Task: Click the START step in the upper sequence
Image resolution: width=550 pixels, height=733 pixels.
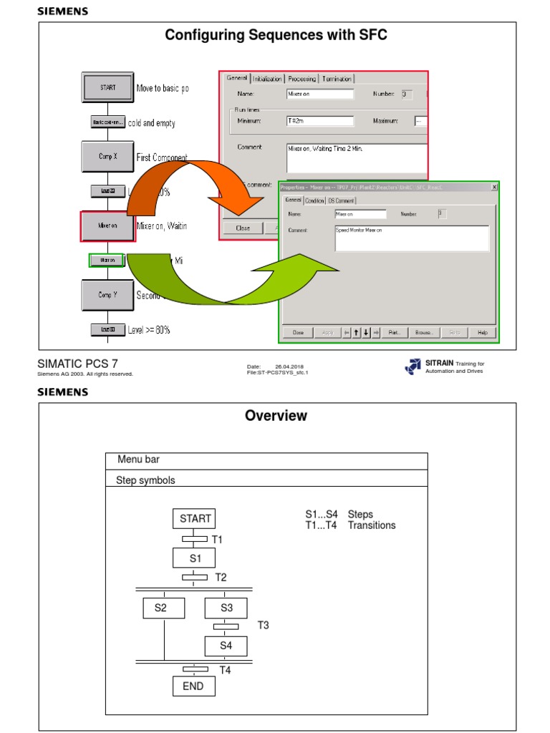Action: [107, 88]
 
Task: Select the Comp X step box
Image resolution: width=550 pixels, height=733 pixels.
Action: [107, 156]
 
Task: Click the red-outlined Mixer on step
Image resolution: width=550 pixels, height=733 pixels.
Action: [107, 225]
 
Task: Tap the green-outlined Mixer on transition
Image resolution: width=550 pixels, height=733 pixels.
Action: [107, 261]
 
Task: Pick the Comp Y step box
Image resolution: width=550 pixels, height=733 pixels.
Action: [107, 294]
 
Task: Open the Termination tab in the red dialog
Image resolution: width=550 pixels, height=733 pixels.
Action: [337, 79]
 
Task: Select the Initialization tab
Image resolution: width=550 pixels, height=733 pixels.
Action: [266, 79]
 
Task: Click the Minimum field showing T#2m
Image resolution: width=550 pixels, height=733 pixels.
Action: [319, 121]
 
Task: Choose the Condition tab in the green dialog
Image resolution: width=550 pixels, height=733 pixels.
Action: [314, 200]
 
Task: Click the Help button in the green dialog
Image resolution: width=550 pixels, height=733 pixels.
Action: [482, 333]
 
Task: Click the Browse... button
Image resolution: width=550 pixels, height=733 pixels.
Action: [424, 333]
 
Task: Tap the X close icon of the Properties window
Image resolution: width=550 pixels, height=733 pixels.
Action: [494, 187]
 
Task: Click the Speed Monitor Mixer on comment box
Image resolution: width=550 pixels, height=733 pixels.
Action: [412, 238]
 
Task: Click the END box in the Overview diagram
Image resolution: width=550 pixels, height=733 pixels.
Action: [193, 686]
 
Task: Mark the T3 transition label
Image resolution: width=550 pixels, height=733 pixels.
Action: [263, 626]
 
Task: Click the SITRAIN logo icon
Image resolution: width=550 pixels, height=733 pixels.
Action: [413, 366]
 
